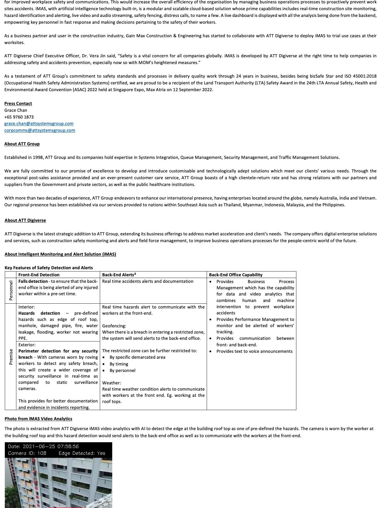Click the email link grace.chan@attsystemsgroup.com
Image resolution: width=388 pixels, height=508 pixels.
coord(39,124)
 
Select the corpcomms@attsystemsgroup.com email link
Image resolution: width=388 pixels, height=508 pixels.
coord(40,130)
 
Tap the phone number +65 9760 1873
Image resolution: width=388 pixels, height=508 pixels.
coord(19,117)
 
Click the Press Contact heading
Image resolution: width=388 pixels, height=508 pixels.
coord(18,104)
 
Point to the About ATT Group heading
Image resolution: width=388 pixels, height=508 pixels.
coord(22,144)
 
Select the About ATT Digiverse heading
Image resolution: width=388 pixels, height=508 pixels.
coord(25,220)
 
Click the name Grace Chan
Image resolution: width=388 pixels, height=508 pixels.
coord(16,110)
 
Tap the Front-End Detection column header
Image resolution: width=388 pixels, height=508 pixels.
coord(39,275)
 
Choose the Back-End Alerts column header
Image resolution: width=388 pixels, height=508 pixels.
coord(119,275)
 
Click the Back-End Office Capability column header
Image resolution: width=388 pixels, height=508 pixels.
coord(236,275)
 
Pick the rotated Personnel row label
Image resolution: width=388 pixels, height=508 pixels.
coord(11,290)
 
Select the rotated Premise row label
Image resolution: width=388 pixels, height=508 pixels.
coord(11,357)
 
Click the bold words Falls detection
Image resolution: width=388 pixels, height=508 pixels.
coord(33,281)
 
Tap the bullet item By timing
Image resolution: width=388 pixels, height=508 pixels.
coord(119,364)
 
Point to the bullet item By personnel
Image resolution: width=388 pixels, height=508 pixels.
coord(122,371)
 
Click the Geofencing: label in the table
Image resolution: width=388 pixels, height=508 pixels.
coord(114,326)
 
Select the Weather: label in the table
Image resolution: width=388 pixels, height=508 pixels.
coord(112,383)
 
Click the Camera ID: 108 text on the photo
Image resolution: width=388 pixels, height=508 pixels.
coord(27,453)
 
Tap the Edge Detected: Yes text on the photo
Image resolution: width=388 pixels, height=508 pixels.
coord(82,453)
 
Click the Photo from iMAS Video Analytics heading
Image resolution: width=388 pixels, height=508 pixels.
coord(38,419)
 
